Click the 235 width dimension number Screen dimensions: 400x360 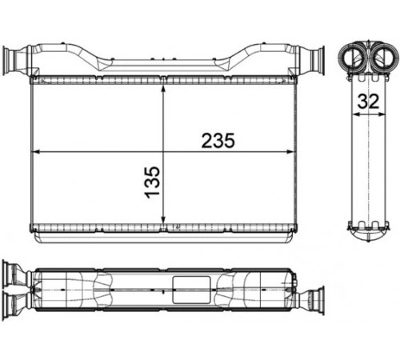click(x=218, y=141)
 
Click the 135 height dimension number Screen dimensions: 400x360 click(x=153, y=182)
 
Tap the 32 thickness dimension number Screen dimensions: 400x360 click(x=368, y=102)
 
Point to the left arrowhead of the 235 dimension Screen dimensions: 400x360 click(x=36, y=152)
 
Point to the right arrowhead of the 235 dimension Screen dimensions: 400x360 click(x=290, y=152)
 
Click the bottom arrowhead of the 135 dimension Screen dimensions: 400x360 click(x=163, y=220)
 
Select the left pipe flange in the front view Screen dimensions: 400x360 click(x=7, y=61)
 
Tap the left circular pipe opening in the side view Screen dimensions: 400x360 click(x=353, y=58)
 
